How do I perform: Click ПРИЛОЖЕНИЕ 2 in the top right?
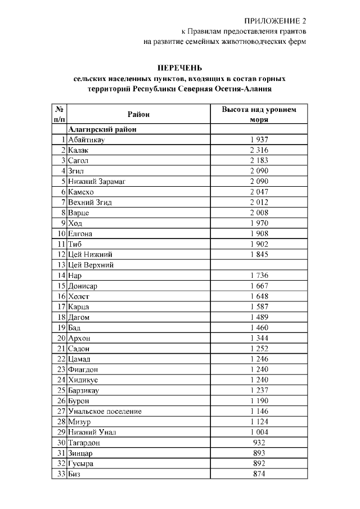275,21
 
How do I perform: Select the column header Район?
138,115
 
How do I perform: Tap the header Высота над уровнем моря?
259,115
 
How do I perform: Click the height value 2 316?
259,150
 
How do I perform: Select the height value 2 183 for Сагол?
259,161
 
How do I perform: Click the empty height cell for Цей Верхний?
259,265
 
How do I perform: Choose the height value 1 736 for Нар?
259,276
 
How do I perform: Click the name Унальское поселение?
104,411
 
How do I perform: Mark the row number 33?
61,474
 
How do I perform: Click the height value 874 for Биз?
259,474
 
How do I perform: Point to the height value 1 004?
259,432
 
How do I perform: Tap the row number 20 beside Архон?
61,338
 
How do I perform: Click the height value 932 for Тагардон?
259,443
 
